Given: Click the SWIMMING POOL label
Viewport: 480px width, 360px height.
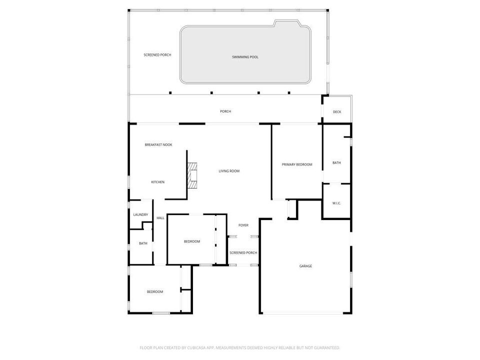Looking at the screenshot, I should [x=245, y=57].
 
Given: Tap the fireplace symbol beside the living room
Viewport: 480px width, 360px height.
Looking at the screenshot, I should [x=192, y=174].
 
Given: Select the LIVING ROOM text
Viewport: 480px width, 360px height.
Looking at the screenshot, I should [x=229, y=171].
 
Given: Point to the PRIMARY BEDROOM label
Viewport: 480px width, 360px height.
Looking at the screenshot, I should [x=297, y=164].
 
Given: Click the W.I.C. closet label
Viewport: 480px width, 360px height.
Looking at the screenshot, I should [x=336, y=203].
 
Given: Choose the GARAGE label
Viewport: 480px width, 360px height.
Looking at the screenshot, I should [x=305, y=266].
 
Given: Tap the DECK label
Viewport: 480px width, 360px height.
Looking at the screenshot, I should [x=337, y=112].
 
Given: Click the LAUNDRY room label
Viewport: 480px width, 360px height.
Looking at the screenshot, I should [x=140, y=215].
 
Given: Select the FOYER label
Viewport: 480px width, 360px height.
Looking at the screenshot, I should [x=243, y=225].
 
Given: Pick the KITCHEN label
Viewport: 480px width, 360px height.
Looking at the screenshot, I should [x=158, y=182].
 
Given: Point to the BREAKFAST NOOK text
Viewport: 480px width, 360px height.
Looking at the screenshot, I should [x=158, y=144].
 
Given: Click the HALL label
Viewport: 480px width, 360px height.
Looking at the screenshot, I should [x=160, y=218].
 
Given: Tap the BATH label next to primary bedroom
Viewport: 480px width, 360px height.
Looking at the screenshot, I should [x=336, y=162].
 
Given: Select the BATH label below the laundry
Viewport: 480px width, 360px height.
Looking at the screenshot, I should [x=143, y=243].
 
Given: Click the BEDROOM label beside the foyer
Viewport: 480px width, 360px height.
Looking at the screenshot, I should [x=192, y=241].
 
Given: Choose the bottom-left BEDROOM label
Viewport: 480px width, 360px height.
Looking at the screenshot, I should [x=154, y=292].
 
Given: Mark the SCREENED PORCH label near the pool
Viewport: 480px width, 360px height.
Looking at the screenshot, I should [x=157, y=55].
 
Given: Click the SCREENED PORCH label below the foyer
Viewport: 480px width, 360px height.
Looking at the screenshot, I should [x=243, y=253].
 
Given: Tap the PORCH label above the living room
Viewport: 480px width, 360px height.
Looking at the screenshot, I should [x=225, y=111].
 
